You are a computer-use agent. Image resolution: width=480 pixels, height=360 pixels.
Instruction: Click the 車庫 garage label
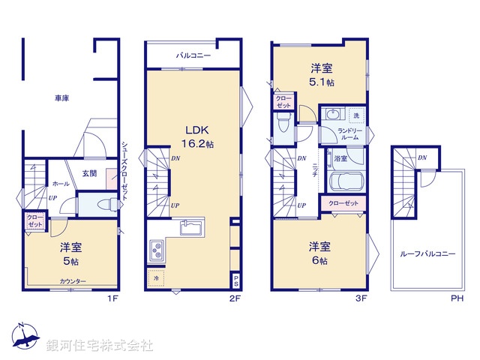[61, 98]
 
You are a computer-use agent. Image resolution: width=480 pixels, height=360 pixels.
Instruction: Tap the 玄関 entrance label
[89, 175]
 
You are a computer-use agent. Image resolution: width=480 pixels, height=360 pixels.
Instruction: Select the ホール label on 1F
[61, 183]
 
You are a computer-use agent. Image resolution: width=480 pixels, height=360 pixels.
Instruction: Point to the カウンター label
[73, 281]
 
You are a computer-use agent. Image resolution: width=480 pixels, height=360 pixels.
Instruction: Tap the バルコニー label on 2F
[193, 55]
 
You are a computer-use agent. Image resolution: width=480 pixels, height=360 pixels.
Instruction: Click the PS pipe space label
[235, 281]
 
